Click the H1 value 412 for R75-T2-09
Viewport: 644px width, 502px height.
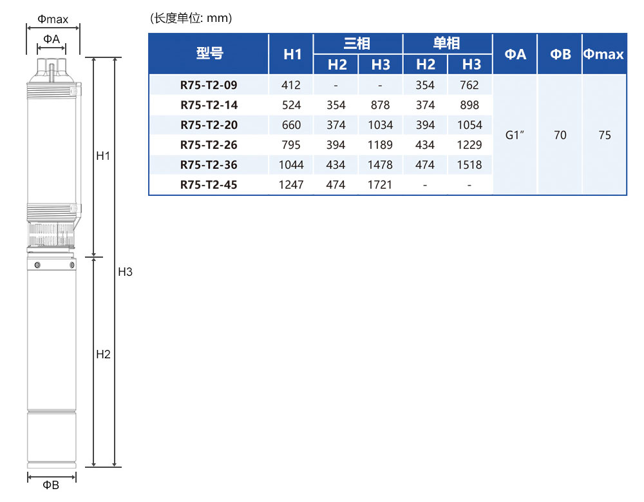(291, 85)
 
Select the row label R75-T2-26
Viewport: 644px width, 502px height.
(209, 145)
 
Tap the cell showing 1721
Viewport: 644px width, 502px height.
(380, 184)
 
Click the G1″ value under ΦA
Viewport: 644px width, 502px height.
(515, 135)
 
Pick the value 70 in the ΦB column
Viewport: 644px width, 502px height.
(560, 135)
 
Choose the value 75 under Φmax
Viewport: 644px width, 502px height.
(605, 135)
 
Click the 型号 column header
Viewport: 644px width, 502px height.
(209, 53)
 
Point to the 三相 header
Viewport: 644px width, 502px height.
(357, 44)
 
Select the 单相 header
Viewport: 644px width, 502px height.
(446, 44)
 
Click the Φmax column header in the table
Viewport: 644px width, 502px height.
(603, 54)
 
